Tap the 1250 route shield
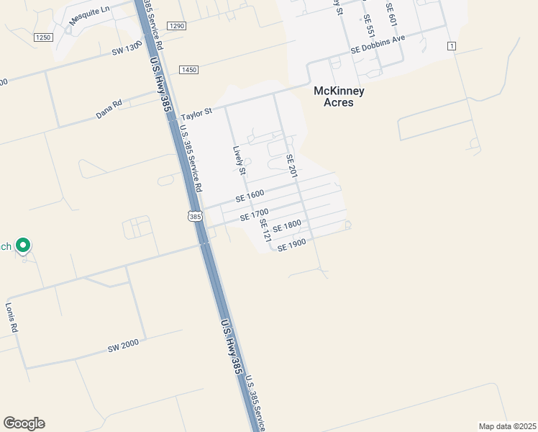(x=43, y=37)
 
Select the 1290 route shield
(x=176, y=25)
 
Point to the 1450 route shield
(x=189, y=70)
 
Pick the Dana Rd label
(x=109, y=109)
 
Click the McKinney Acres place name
(x=339, y=96)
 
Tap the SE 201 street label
(x=291, y=167)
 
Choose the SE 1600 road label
(x=250, y=196)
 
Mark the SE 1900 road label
(x=292, y=245)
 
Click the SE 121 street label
(x=265, y=230)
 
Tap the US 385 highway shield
(x=194, y=216)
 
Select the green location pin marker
(x=23, y=246)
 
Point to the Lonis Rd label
(x=12, y=318)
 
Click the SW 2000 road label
(x=123, y=346)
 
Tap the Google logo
(x=24, y=423)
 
